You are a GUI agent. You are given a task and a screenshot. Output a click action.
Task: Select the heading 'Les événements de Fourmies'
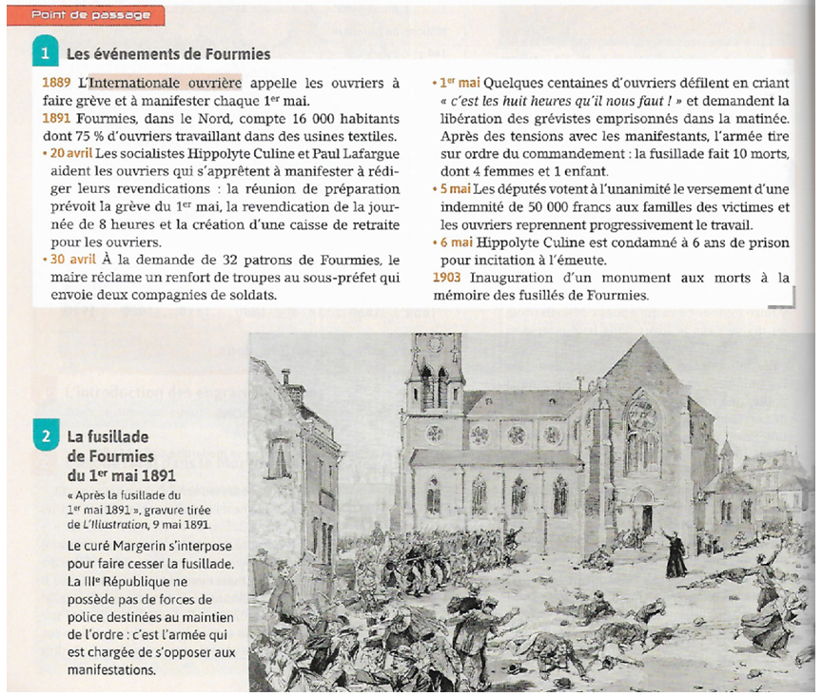click(x=168, y=54)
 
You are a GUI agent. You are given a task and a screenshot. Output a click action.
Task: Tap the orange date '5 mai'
click(x=455, y=190)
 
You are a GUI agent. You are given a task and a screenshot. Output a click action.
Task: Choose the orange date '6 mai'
click(x=455, y=242)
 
